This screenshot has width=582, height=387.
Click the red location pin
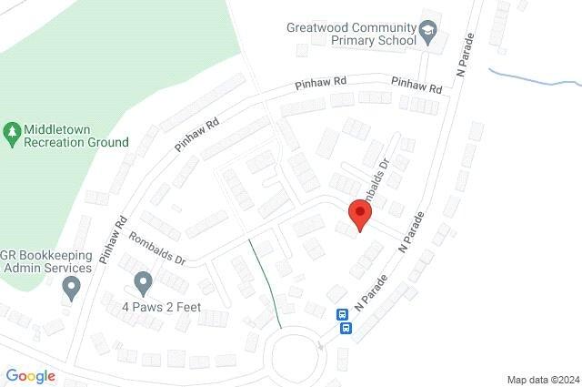(x=361, y=216)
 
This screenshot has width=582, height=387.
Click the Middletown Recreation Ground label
(x=77, y=136)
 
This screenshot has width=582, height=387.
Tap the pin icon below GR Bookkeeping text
(x=72, y=289)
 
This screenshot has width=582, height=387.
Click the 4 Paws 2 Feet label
(x=161, y=308)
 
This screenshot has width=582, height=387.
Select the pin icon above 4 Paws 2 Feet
(x=142, y=281)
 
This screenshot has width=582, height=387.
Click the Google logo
(x=30, y=375)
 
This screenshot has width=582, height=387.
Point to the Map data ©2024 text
(x=542, y=379)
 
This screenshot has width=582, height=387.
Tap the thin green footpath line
(x=265, y=282)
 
